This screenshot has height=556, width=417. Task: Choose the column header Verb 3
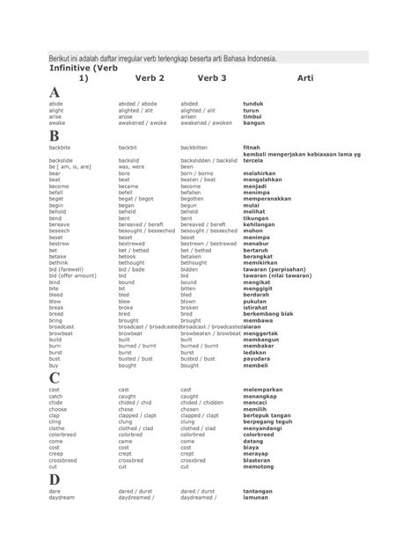[x=212, y=78]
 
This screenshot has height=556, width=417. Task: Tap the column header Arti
[x=305, y=78]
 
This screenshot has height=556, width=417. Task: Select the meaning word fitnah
[x=252, y=148]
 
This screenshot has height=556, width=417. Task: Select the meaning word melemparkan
[x=265, y=390]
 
